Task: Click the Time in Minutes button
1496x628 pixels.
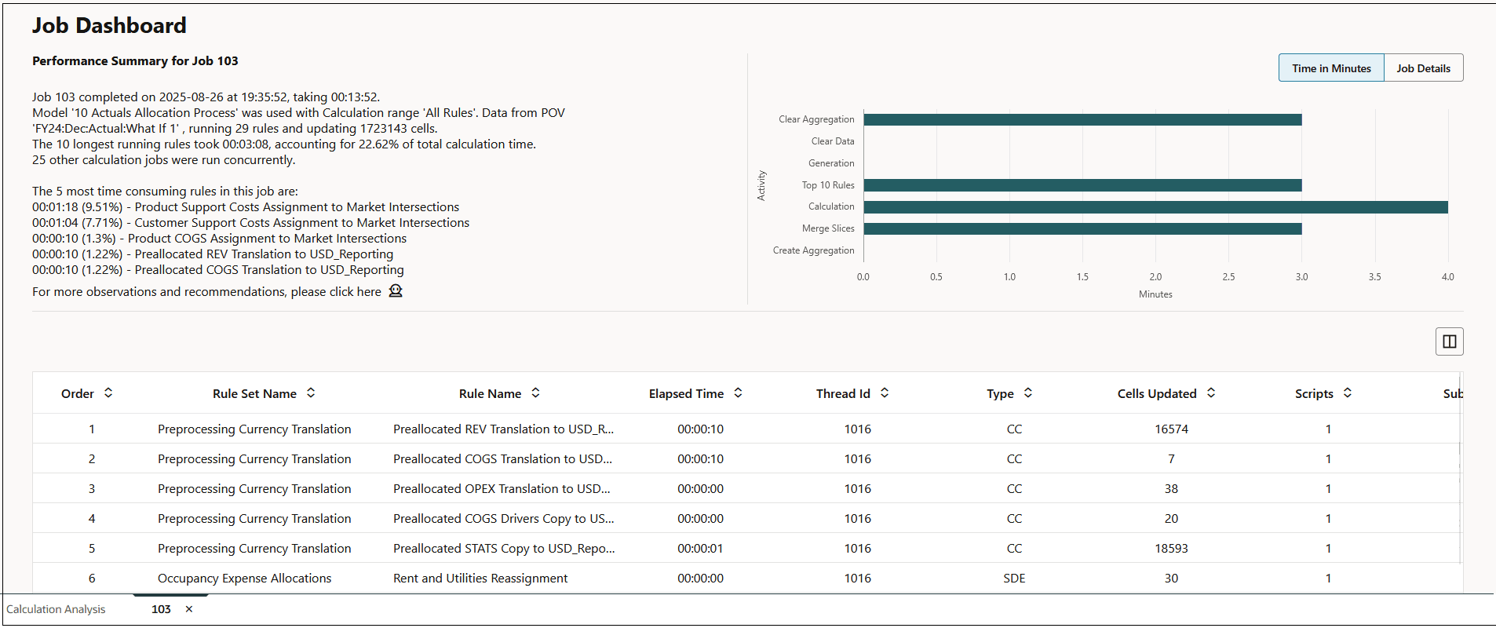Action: (x=1331, y=68)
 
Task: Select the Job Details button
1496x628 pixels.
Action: (x=1423, y=68)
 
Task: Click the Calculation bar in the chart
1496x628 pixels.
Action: (x=1155, y=207)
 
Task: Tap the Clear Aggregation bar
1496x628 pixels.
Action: (x=1082, y=119)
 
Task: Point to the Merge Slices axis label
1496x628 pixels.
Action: (x=828, y=228)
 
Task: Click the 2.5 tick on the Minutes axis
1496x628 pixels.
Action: (x=1228, y=277)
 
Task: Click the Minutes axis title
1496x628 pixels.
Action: (x=1155, y=294)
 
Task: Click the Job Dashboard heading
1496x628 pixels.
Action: (x=109, y=26)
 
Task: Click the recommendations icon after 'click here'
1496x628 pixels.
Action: (x=396, y=291)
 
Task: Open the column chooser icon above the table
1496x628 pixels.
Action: (x=1449, y=341)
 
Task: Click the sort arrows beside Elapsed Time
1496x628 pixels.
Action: (x=738, y=393)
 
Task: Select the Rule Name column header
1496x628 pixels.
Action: (x=490, y=394)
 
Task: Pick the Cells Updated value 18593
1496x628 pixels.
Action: (x=1171, y=549)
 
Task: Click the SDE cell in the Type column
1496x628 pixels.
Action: (x=1014, y=579)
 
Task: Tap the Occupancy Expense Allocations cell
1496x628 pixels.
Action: (x=244, y=579)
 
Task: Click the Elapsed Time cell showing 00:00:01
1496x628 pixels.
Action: (x=700, y=549)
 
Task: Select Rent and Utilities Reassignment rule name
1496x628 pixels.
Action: (x=480, y=579)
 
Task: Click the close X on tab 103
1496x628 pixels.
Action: (x=189, y=609)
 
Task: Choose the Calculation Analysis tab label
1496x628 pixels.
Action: (x=56, y=609)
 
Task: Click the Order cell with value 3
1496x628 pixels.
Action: (x=92, y=489)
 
